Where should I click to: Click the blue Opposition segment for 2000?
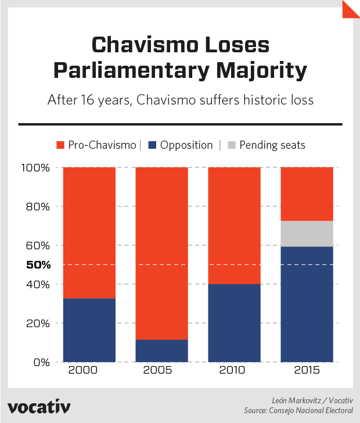click(89, 330)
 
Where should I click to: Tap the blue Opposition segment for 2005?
click(162, 351)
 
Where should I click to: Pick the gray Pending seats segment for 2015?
click(307, 234)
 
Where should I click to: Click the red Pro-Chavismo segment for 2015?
click(307, 194)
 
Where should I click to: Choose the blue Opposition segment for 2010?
click(234, 323)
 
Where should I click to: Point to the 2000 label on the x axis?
click(89, 371)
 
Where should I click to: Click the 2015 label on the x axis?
click(307, 371)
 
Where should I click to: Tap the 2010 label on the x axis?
click(234, 371)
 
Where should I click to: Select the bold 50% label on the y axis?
click(39, 265)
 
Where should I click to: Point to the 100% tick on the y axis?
click(37, 168)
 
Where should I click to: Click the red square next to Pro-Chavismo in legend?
click(60, 145)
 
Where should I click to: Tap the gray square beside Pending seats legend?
click(231, 145)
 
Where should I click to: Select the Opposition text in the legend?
click(186, 145)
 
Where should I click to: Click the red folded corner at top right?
click(350, 9)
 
